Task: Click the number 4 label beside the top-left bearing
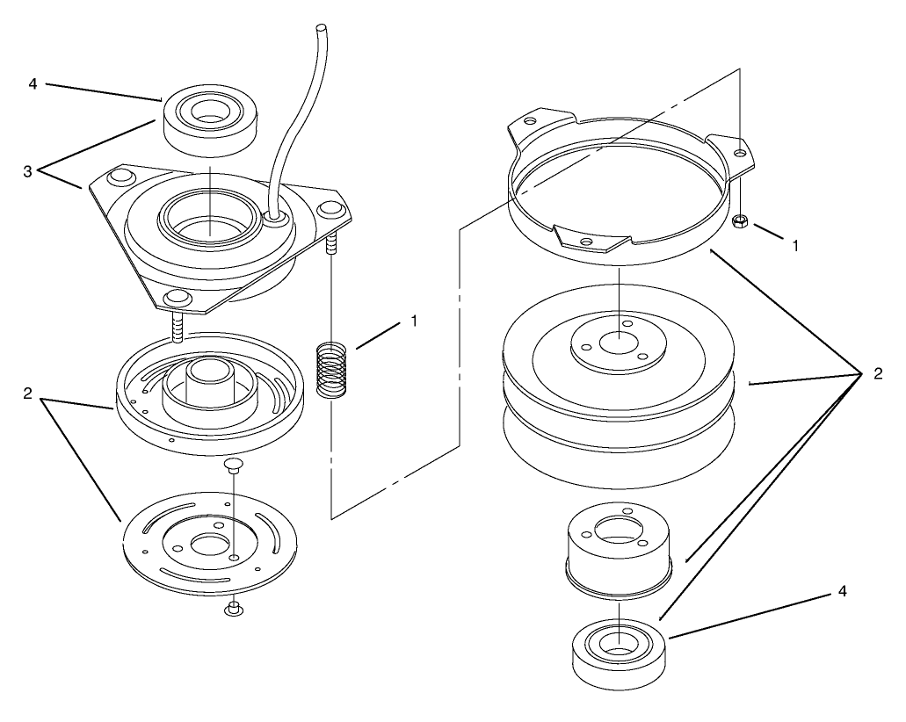(33, 84)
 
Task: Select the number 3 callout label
(28, 171)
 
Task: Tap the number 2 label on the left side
(28, 393)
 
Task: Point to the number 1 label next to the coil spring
(414, 321)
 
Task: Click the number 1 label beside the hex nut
(795, 245)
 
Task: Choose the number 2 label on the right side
(878, 373)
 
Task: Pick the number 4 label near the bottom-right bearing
(843, 591)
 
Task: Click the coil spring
(331, 370)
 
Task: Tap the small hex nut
(739, 220)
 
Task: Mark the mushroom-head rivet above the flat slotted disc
(234, 466)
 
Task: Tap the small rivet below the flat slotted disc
(232, 608)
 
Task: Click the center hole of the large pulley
(619, 342)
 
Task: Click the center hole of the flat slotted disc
(210, 545)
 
